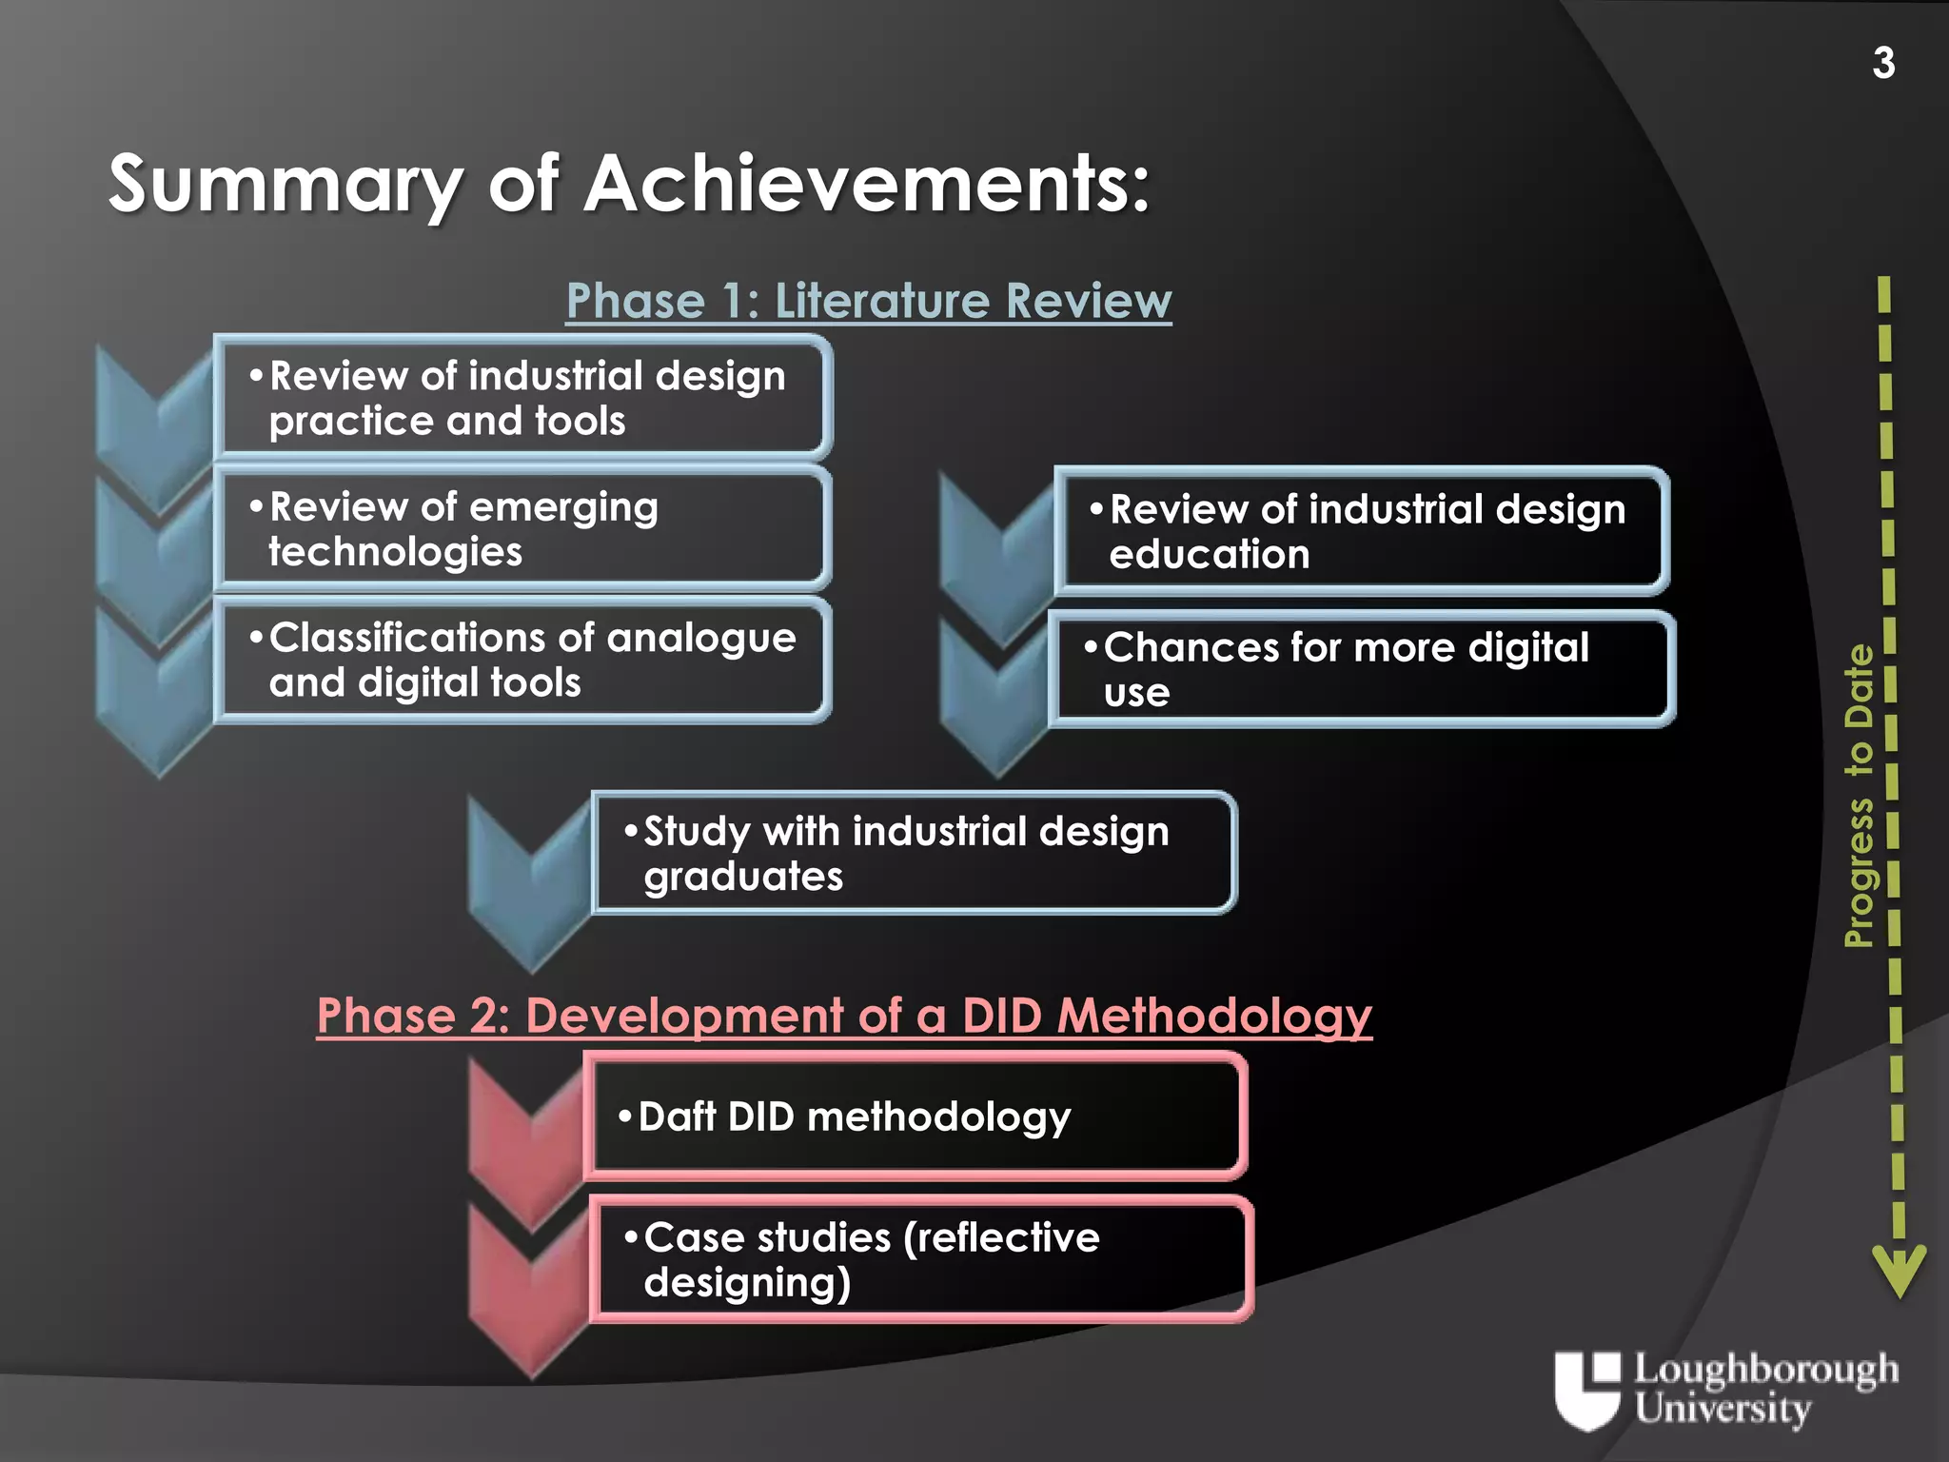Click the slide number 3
click(x=1883, y=64)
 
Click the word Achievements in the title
click(x=866, y=184)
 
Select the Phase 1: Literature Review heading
click(x=868, y=301)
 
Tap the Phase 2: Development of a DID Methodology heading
click(x=844, y=1015)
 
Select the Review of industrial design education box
click(x=1361, y=531)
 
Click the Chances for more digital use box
click(x=1361, y=669)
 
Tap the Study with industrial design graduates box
click(x=914, y=853)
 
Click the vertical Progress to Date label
click(x=1858, y=796)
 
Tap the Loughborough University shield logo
click(x=1586, y=1390)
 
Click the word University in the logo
click(x=1723, y=1410)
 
